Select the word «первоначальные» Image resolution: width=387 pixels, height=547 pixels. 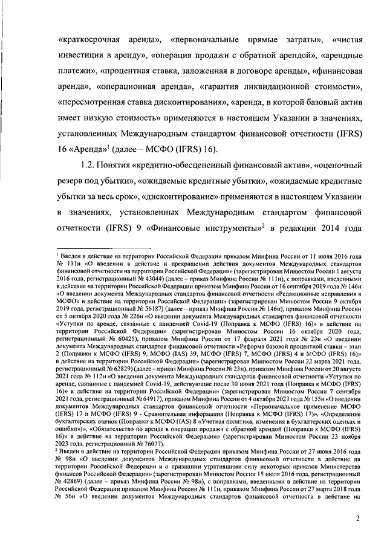[x=203, y=40]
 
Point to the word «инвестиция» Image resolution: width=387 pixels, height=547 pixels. [x=83, y=56]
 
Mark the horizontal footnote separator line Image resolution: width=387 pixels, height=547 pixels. [x=84, y=247]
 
